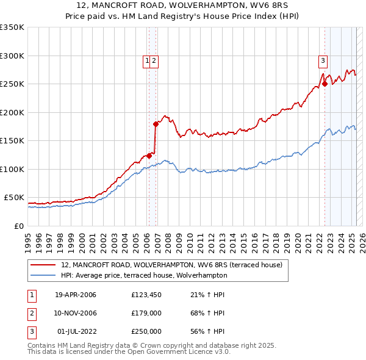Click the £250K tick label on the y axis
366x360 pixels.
click(12, 84)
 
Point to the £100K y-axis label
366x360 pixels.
click(12, 169)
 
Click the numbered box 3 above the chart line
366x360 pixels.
click(322, 60)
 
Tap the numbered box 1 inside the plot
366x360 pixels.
click(147, 60)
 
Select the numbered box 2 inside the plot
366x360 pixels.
click(154, 60)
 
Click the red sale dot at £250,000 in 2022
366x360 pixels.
click(325, 84)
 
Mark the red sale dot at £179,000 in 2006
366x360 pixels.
click(156, 124)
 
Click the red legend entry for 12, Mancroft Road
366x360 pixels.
click(171, 265)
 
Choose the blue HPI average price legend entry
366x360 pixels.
click(143, 275)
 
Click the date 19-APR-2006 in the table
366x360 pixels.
click(76, 295)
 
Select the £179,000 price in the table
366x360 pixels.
click(146, 313)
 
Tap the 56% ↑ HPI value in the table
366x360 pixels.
click(207, 331)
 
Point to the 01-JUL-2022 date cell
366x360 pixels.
click(76, 331)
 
